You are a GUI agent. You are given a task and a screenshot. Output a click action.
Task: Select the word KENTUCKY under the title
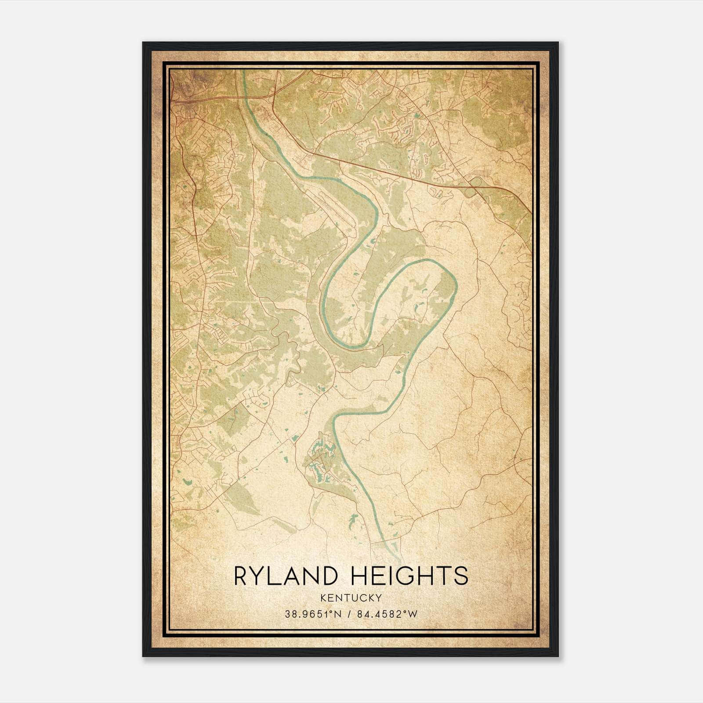pos(351,598)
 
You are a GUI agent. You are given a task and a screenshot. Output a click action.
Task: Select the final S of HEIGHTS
pos(461,576)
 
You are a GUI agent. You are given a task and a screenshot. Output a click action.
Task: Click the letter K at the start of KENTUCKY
pos(323,598)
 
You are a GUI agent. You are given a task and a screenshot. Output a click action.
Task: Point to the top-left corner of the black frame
pos(143,43)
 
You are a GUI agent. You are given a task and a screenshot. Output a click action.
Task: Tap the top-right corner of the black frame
pos(558,43)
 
